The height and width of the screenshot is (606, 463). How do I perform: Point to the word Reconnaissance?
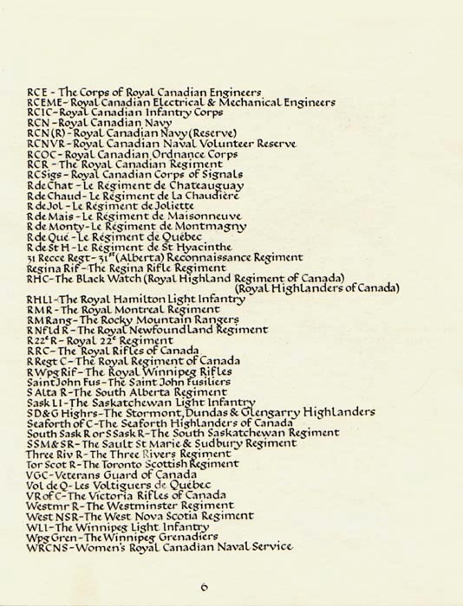[210, 257]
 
